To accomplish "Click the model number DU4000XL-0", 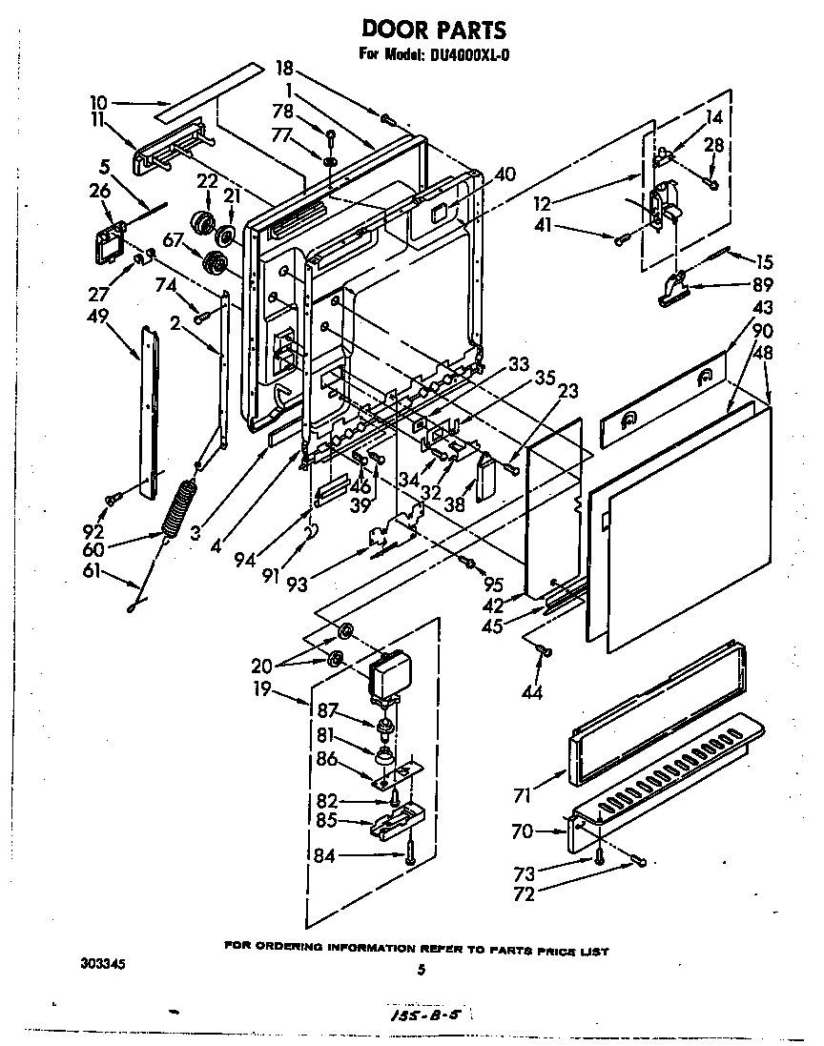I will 468,54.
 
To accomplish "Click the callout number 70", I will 523,831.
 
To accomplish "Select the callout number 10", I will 100,101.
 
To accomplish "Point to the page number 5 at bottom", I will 420,971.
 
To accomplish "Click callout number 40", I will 505,174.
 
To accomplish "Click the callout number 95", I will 492,585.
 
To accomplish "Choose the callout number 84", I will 324,854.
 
